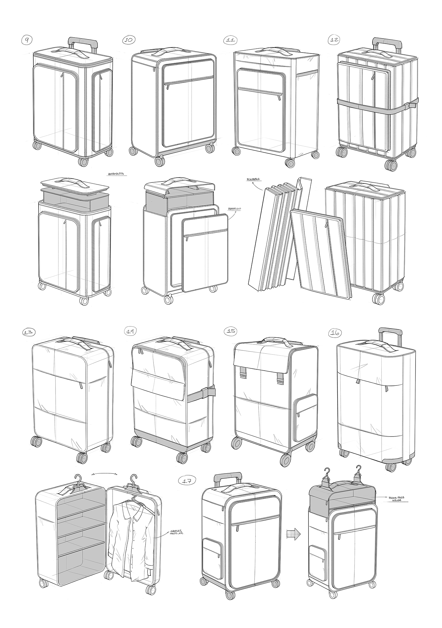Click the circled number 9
coord(27,40)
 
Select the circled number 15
coord(231,331)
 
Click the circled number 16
coord(334,333)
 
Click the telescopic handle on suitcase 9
coord(82,41)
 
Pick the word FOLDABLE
coord(253,179)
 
